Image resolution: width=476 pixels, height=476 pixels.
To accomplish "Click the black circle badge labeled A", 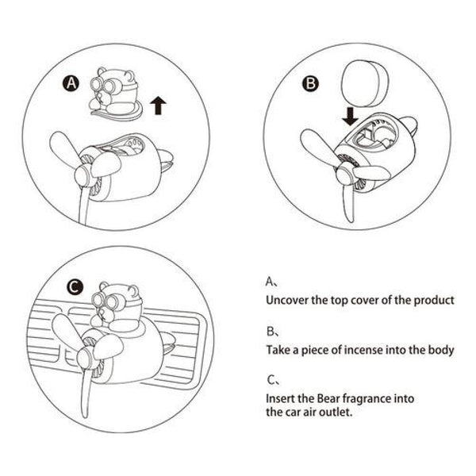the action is click(x=71, y=83).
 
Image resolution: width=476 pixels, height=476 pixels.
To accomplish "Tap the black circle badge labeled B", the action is click(x=310, y=83).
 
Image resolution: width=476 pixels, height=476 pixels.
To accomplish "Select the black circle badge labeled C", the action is click(x=75, y=287).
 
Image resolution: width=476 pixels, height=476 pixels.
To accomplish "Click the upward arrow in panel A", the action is click(x=158, y=106).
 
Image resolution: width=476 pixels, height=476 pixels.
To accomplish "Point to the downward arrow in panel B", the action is click(x=351, y=117).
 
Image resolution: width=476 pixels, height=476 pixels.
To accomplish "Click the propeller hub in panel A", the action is click(x=83, y=176).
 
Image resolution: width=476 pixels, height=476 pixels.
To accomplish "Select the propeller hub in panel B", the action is click(x=344, y=172).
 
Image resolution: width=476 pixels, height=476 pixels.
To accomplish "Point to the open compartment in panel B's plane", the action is click(x=375, y=136).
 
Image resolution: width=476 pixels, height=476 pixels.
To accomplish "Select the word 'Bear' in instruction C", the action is click(x=327, y=398).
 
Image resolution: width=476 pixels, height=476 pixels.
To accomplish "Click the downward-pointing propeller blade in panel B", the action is click(x=349, y=201).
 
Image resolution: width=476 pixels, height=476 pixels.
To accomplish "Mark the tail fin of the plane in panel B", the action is click(x=408, y=125).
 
